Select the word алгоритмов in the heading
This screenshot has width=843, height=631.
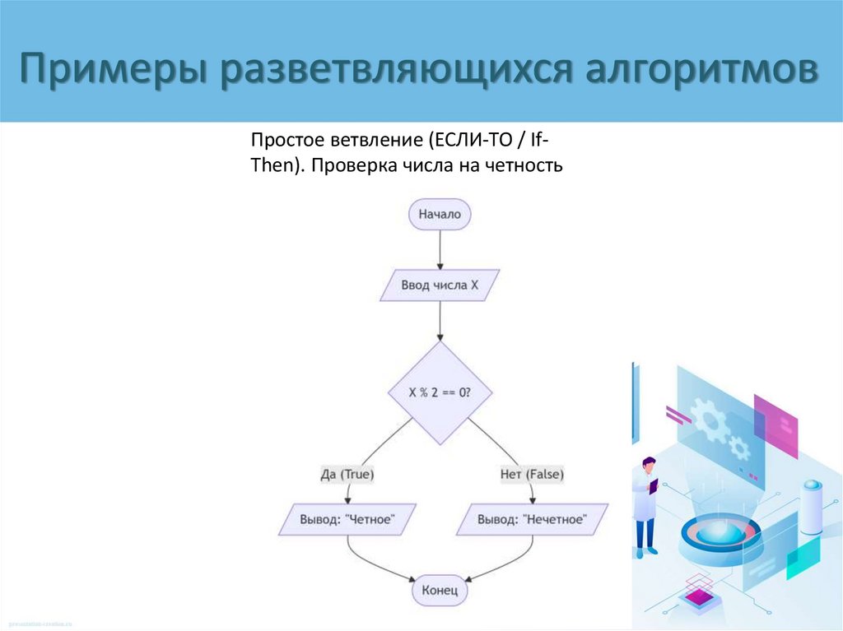tap(702, 69)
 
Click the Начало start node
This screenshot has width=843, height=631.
tap(440, 215)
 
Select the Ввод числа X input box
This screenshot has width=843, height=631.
tap(440, 285)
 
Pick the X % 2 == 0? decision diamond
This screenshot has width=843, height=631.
tap(440, 393)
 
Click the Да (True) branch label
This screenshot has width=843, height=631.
tap(347, 475)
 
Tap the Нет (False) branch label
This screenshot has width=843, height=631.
tap(532, 475)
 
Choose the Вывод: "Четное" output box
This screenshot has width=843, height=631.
tap(347, 520)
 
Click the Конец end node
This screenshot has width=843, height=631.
tap(440, 591)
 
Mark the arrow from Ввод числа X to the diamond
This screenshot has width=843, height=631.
tap(440, 321)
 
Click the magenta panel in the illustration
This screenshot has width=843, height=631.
tap(775, 425)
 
